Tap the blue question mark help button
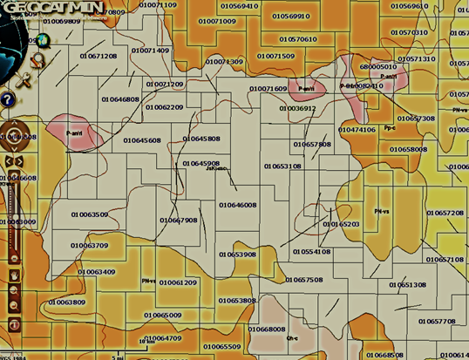[x=5, y=98]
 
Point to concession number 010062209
[x=164, y=107]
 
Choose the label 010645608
[x=142, y=139]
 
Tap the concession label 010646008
[x=237, y=205]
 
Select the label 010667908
[x=179, y=221]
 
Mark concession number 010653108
[x=282, y=166]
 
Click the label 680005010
[x=378, y=67]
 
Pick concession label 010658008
[x=408, y=149]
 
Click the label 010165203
[x=341, y=224]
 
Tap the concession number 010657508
[x=304, y=280]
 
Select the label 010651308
[x=407, y=285]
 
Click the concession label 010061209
[x=178, y=282]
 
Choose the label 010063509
[x=90, y=214]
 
